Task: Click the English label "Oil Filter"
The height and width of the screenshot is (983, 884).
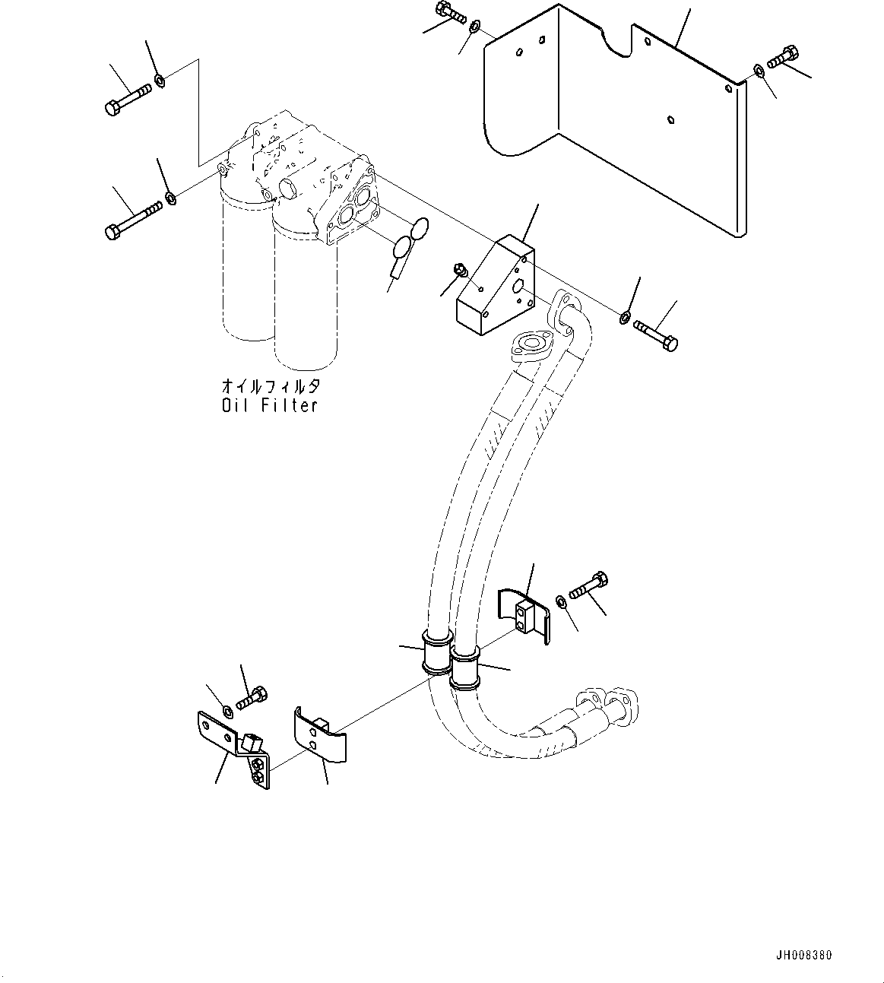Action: click(x=269, y=406)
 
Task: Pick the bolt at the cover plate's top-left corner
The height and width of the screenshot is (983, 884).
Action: click(x=452, y=11)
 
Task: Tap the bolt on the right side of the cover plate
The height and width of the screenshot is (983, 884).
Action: click(x=783, y=57)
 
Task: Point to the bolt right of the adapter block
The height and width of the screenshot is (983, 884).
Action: click(x=655, y=335)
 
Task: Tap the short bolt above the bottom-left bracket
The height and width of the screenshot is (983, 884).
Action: click(x=252, y=696)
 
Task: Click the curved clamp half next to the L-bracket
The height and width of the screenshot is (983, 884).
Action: click(x=318, y=735)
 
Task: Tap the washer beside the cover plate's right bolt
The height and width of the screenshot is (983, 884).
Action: click(x=759, y=71)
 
